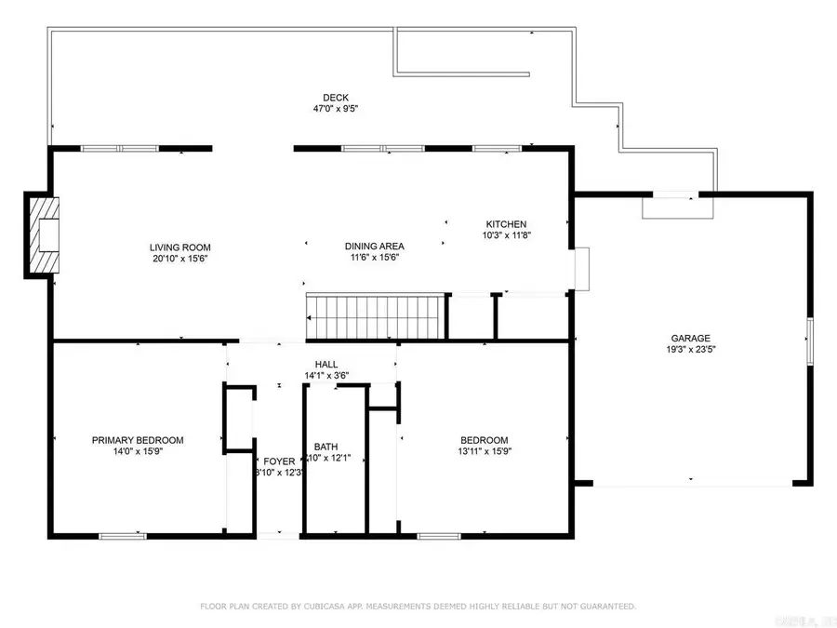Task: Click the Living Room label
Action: click(179, 247)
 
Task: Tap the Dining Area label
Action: click(376, 246)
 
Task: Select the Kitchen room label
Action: click(506, 224)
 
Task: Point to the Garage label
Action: click(691, 339)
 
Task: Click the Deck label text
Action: click(335, 97)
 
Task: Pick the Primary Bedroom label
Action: click(138, 440)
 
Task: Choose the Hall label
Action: click(326, 365)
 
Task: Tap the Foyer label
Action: click(279, 461)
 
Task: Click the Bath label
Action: click(325, 447)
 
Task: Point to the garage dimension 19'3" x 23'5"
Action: click(691, 350)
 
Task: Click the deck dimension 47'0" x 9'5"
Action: click(335, 108)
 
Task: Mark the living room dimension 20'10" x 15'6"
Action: click(179, 259)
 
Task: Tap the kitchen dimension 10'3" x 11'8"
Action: click(506, 235)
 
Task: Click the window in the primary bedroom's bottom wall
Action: click(123, 535)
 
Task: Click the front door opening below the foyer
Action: click(278, 535)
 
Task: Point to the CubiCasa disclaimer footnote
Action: click(418, 606)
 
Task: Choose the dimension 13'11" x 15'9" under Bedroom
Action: click(485, 451)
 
